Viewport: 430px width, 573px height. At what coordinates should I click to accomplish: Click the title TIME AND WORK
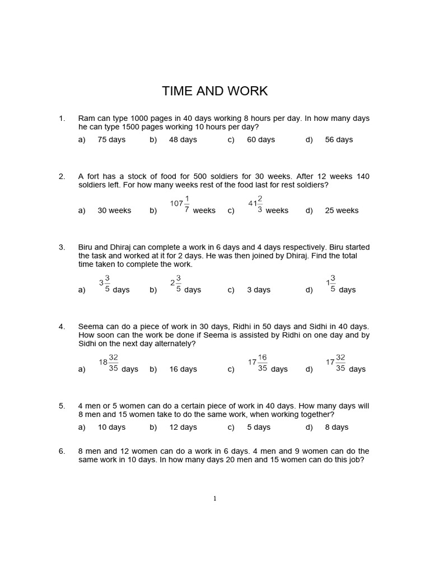click(215, 91)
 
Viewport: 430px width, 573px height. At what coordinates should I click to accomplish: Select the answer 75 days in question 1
click(111, 139)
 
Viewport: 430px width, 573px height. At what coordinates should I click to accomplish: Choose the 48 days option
click(183, 139)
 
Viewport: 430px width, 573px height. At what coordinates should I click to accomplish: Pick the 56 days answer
click(339, 139)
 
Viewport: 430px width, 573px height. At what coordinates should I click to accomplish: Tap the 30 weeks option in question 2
click(114, 210)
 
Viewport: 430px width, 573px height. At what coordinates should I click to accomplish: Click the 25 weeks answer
click(342, 210)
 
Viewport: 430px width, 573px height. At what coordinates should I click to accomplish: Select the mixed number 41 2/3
click(255, 204)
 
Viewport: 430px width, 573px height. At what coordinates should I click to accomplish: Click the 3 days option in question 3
click(259, 290)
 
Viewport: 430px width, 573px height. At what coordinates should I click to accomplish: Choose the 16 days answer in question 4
click(183, 369)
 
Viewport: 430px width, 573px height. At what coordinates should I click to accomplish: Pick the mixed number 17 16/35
click(258, 362)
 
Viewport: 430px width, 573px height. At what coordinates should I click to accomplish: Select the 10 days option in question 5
click(111, 427)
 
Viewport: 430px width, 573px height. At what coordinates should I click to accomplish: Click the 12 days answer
click(183, 427)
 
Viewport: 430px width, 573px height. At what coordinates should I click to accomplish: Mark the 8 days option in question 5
click(336, 427)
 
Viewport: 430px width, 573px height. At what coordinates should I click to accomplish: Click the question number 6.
click(62, 451)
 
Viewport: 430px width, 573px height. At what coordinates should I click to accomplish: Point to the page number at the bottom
click(215, 499)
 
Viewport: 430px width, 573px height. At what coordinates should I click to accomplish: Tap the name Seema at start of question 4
click(91, 326)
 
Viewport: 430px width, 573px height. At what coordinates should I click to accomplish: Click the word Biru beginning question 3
click(87, 247)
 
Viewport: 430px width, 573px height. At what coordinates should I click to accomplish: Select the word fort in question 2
click(94, 176)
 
